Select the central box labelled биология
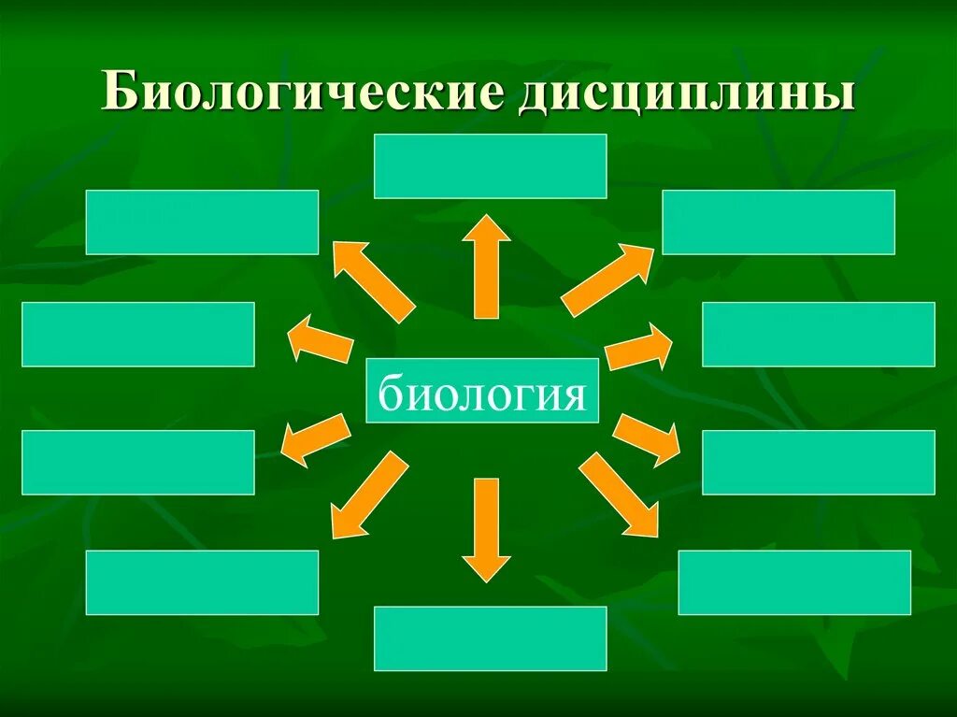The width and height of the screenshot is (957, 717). pos(481,390)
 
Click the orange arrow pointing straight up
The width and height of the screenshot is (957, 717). pos(486,266)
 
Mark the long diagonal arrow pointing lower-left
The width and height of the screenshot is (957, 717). pos(370,495)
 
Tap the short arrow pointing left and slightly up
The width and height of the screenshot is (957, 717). pos(319,339)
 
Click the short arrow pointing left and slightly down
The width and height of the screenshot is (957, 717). pos(316,439)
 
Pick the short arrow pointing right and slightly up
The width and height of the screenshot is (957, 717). pos(638,350)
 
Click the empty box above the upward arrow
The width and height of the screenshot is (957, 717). pos(490,166)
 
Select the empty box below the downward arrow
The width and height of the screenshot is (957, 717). pos(490,638)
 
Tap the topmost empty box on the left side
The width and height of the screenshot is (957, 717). pos(202,222)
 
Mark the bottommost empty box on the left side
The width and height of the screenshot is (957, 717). pos(202,582)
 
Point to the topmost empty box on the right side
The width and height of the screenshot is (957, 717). pos(778,222)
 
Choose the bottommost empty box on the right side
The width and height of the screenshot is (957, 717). pos(794,582)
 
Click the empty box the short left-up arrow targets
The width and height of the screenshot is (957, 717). pos(138,335)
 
